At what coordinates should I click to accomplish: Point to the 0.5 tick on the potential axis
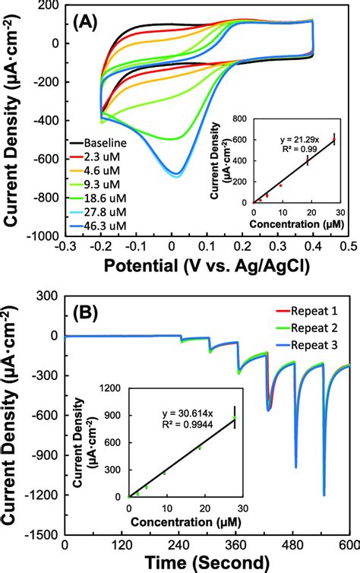click(348, 247)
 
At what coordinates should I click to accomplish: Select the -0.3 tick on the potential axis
click(66, 247)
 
